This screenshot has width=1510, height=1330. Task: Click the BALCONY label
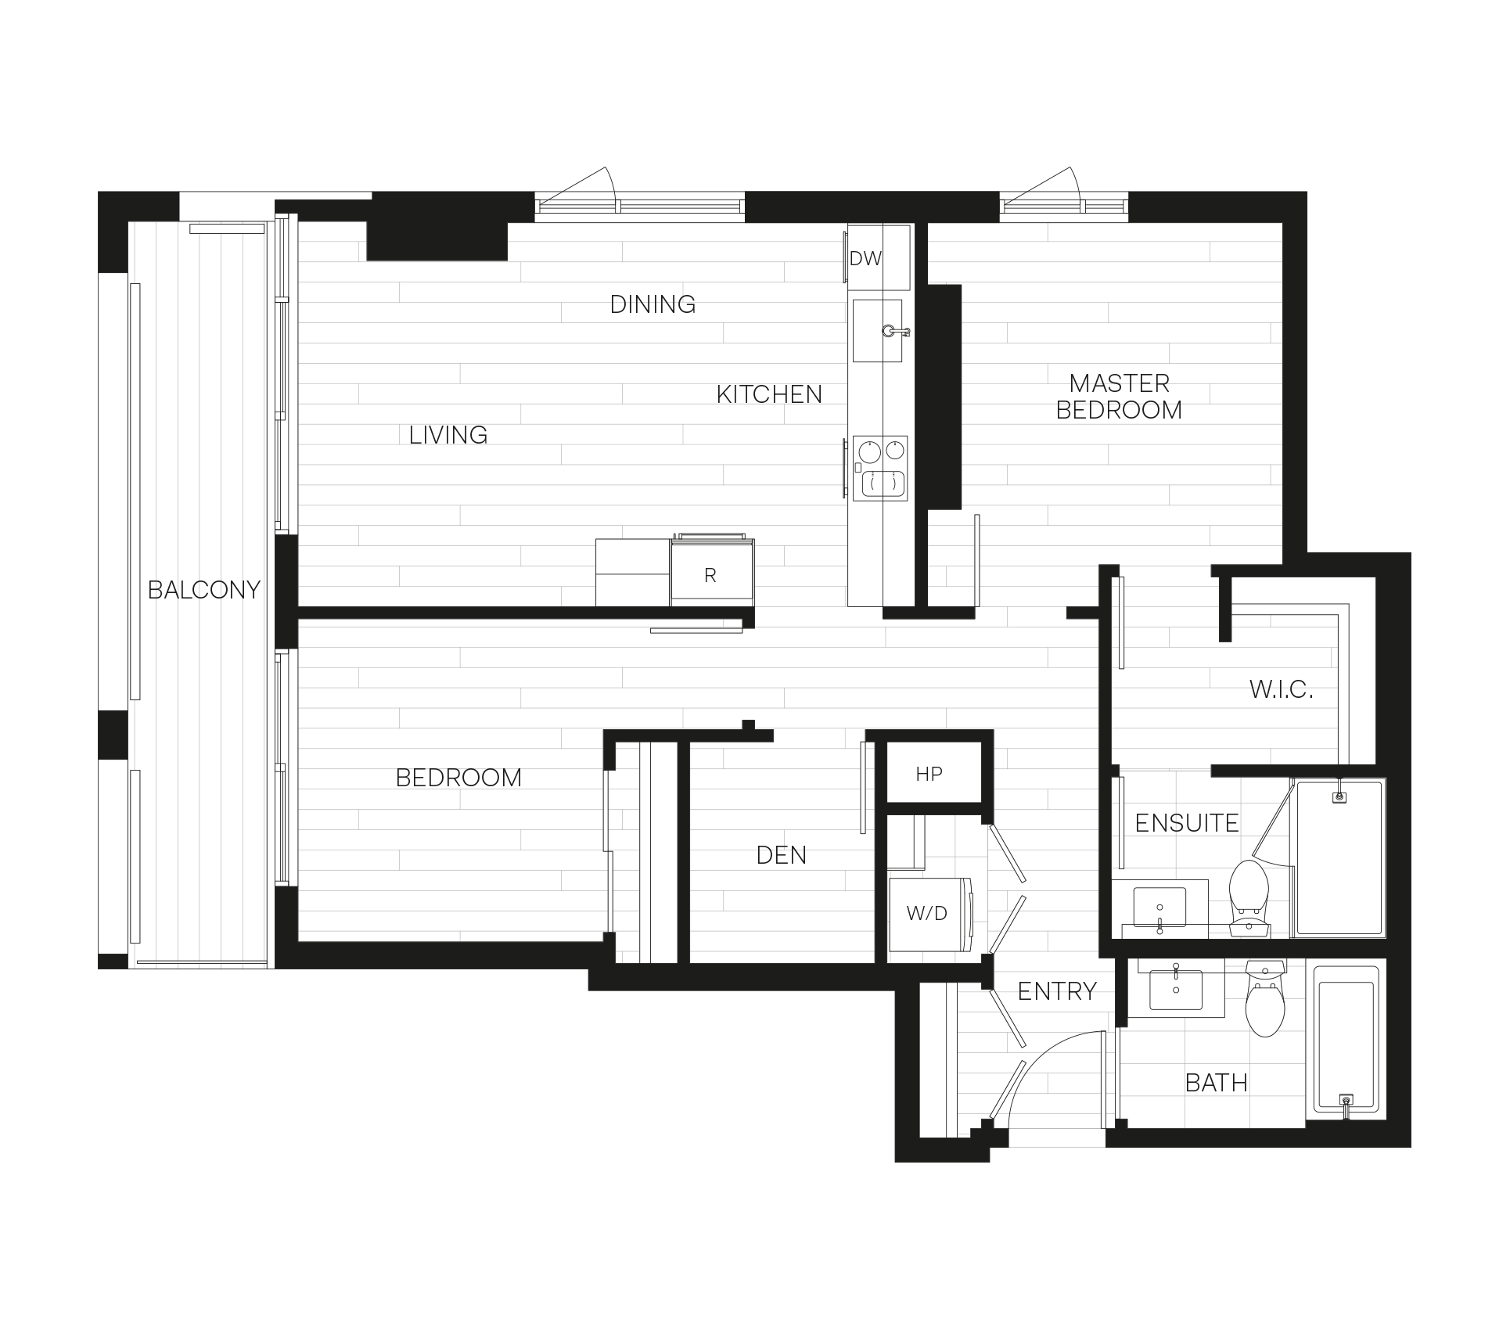tap(203, 589)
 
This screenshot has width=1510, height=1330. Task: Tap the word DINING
tap(653, 304)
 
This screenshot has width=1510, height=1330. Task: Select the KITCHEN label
tap(769, 394)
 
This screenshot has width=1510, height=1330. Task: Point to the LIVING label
tap(443, 434)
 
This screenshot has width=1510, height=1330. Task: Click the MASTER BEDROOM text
tap(1119, 397)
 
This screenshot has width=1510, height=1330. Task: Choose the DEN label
tap(781, 855)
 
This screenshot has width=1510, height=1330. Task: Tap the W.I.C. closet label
tap(1280, 690)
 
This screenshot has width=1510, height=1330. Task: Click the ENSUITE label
tap(1186, 823)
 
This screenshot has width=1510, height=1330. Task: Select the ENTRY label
tap(1057, 992)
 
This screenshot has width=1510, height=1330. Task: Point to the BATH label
tap(1216, 1083)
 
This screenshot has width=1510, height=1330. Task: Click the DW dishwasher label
tap(865, 258)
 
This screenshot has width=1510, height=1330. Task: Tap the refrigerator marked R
tap(710, 575)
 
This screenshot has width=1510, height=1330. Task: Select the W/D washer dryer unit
tap(928, 913)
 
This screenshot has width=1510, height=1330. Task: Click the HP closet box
tap(929, 775)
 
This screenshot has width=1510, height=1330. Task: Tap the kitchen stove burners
tap(882, 468)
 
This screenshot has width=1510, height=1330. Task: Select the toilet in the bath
tap(1264, 1001)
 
